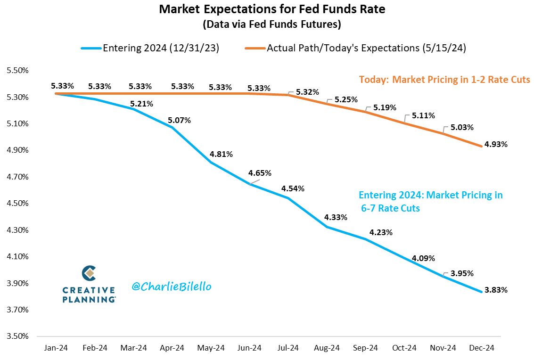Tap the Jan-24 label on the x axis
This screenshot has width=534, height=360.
pos(57,348)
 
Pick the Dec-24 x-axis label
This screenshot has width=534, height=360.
pos(481,348)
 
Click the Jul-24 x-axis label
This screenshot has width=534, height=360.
pos(288,348)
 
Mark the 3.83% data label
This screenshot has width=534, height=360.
pos(496,290)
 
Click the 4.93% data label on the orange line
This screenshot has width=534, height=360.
pos(496,144)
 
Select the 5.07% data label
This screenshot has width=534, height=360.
pos(179,120)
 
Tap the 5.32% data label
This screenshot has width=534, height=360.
pos(308,92)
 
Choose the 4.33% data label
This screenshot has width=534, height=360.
pos(336,217)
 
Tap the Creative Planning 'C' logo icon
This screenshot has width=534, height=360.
pos(89,273)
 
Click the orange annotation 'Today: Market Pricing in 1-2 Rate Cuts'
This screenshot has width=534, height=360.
pos(444,79)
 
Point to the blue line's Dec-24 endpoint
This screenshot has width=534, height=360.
pos(481,292)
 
